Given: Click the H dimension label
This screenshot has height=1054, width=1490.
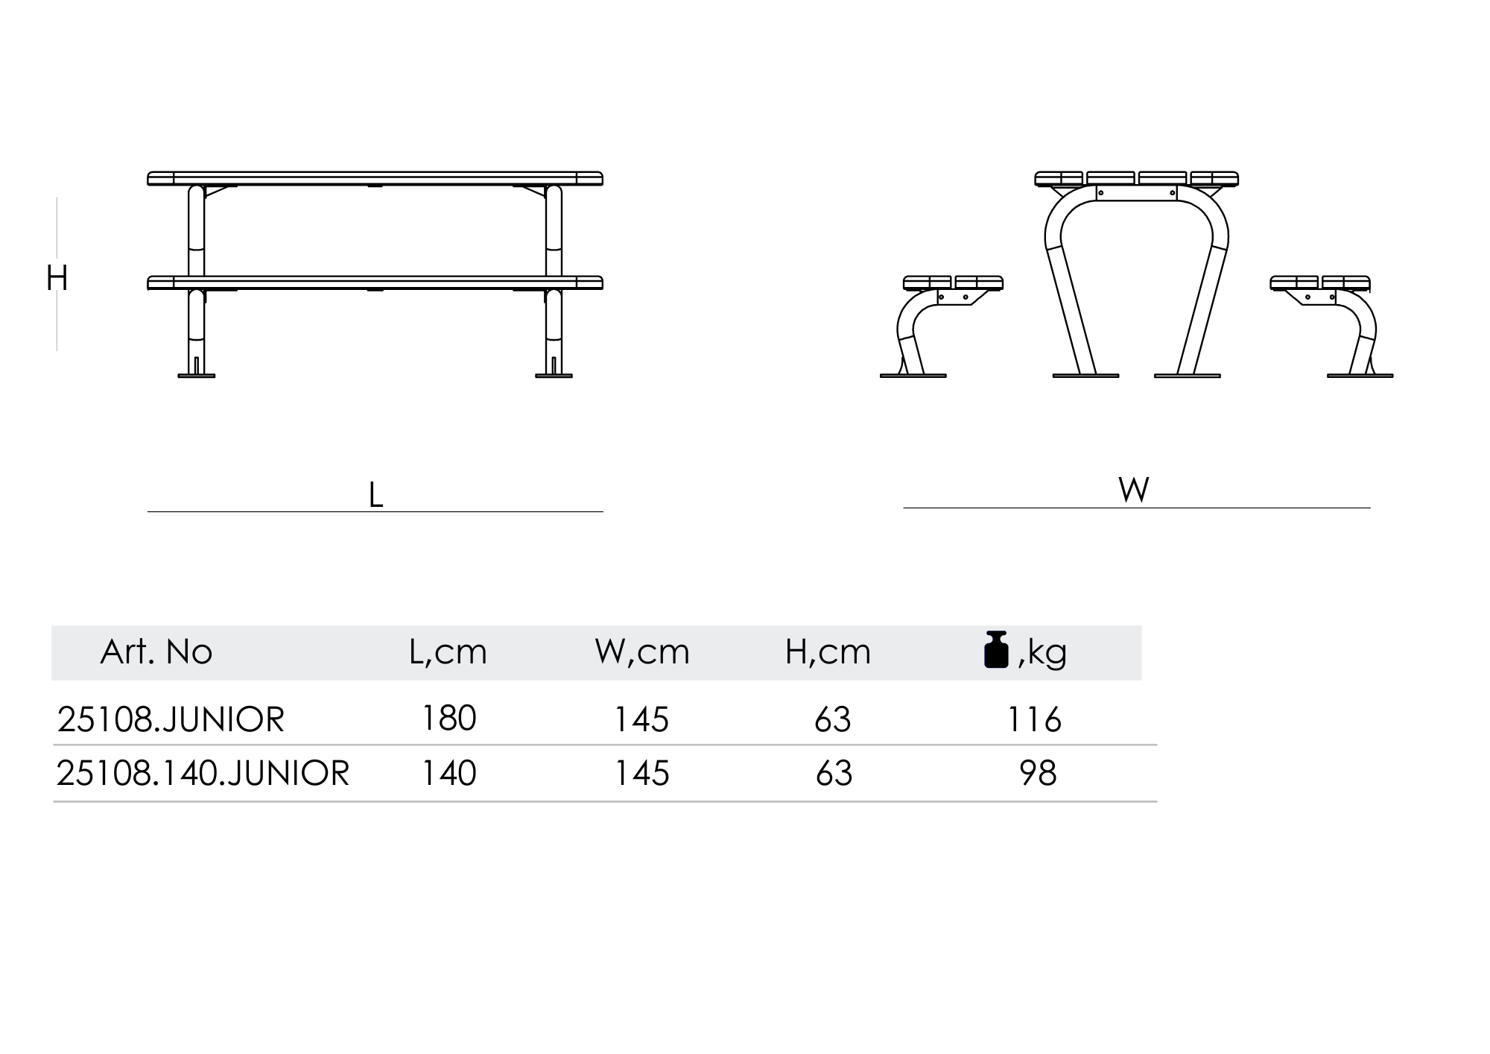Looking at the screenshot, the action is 57,278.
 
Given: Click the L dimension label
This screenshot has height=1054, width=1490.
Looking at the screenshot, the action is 376,495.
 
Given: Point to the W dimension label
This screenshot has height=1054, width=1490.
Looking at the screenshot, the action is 1134,490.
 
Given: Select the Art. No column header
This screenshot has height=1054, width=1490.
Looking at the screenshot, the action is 156,652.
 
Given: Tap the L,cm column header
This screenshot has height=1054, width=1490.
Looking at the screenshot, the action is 448,653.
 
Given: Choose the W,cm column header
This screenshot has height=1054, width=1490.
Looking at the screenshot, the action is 642,653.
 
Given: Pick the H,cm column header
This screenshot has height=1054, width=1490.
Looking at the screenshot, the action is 828,653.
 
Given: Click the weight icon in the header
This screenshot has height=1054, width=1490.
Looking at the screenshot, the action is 996,649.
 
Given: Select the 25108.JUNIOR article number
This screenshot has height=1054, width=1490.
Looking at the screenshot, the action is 171,720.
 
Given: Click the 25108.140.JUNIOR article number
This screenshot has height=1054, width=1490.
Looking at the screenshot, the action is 203,773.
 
